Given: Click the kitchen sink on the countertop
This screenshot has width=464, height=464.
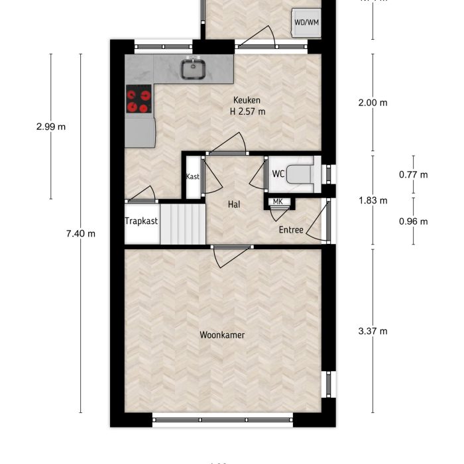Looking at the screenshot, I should tap(194, 68).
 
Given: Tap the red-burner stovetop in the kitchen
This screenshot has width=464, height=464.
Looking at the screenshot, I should tap(139, 101).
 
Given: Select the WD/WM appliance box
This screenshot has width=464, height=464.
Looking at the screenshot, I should tap(306, 23).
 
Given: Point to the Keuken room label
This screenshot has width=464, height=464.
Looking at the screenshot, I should tap(247, 100).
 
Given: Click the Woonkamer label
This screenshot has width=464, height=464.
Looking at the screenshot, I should tap(222, 335).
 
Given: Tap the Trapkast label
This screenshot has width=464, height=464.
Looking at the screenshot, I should tap(141, 221).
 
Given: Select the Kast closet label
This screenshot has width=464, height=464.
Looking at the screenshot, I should tap(193, 177).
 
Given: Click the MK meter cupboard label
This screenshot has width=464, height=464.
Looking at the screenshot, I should tap(278, 202).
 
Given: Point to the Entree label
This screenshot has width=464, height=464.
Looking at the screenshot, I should tap(291, 231).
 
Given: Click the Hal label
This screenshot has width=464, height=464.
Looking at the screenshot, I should tap(233, 205).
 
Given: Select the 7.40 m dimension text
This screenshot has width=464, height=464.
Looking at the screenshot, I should tap(81, 233).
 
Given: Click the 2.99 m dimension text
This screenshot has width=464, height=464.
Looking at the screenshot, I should tap(51, 127).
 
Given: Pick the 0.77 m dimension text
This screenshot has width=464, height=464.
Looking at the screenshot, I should tap(413, 175).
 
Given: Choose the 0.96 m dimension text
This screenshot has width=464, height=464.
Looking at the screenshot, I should tap(413, 221).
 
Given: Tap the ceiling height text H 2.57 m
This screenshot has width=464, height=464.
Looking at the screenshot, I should tap(247, 111).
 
